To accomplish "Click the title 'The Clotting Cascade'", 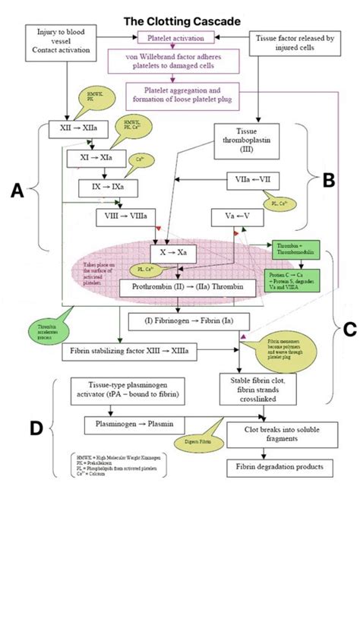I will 180,21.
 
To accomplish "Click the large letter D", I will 35,428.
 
